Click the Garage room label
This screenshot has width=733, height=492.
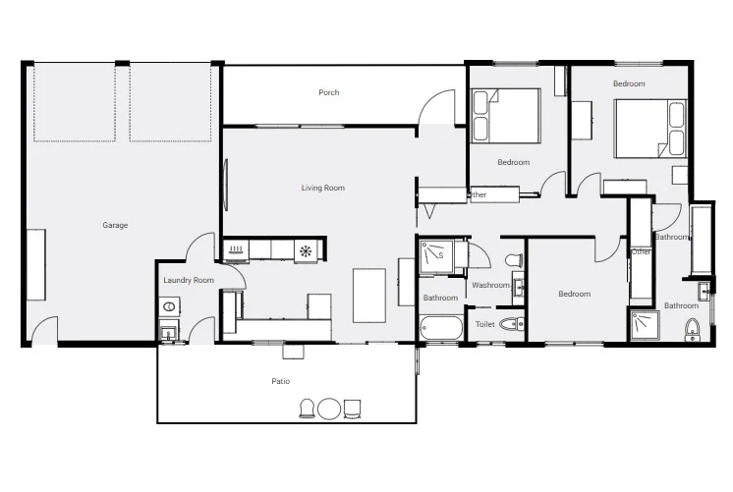[115, 225]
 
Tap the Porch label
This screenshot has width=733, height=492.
[328, 92]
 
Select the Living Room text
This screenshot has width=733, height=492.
[322, 188]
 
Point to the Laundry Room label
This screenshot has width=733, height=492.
[189, 280]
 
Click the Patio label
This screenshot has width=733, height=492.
[280, 381]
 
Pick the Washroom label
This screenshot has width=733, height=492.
[490, 285]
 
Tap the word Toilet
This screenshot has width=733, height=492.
[484, 324]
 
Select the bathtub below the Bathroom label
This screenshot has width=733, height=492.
[441, 328]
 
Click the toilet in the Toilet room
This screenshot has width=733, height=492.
[511, 324]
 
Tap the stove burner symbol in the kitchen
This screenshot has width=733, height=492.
[306, 251]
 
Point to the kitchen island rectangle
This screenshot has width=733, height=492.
[369, 296]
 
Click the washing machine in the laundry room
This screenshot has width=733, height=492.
[169, 307]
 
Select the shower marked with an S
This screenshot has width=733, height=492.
[436, 256]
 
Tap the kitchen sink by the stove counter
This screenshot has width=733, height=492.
[236, 249]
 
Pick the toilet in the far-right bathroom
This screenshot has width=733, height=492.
[693, 330]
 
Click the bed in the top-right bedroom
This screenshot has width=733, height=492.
[650, 128]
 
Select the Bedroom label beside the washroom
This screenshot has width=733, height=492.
[575, 294]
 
